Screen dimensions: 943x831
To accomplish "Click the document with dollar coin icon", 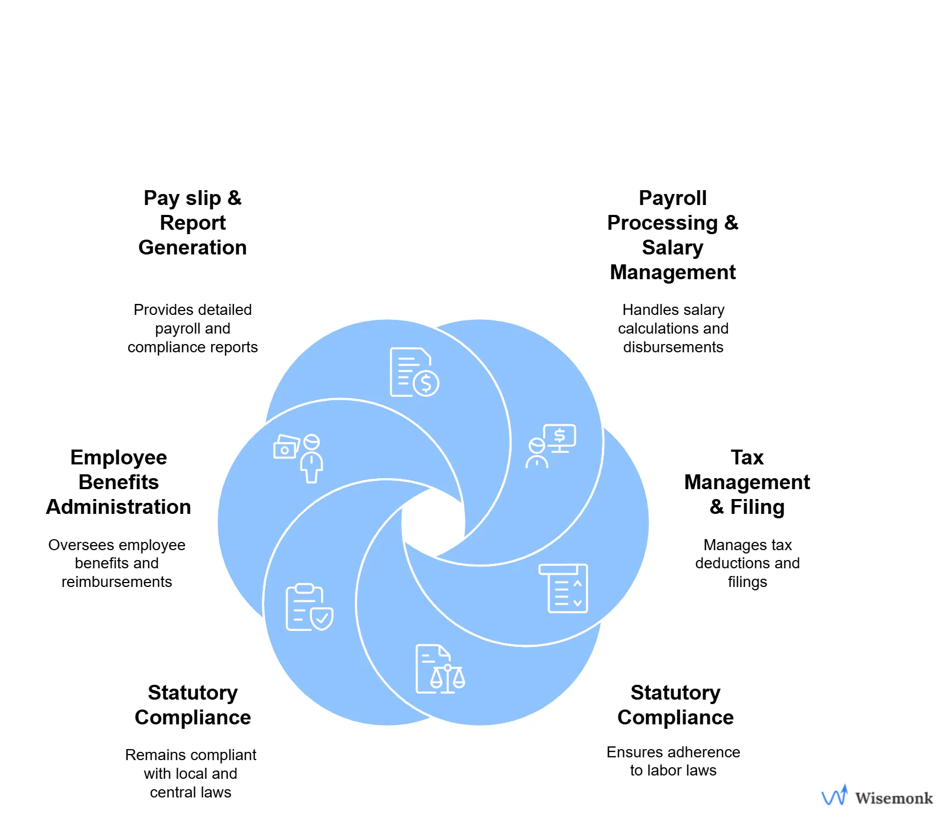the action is pos(414,372).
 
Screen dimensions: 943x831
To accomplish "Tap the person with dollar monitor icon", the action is pos(551,446).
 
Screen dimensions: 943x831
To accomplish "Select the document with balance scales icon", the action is pos(440,669).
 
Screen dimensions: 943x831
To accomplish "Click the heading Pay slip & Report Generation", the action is pos(193,223).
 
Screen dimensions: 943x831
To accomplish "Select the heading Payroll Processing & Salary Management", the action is pos(672,235).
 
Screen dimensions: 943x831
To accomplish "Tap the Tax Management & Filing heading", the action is pos(747,482).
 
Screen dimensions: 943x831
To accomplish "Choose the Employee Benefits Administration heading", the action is pos(118,482).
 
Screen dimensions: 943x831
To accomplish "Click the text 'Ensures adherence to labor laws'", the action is pos(673,761).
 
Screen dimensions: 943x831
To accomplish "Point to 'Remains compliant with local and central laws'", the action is pos(190,773).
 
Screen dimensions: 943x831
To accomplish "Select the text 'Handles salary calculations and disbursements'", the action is pos(673,328).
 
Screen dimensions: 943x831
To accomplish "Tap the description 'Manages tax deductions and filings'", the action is pos(747,563).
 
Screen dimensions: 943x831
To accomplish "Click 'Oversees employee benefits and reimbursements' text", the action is pos(117,563).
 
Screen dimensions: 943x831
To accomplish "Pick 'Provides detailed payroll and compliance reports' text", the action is pos(193,328).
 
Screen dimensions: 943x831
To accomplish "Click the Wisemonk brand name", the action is pos(893,798).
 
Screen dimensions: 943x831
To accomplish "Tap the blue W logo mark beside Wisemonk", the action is pos(834,795).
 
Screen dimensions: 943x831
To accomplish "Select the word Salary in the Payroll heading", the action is pos(672,247).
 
